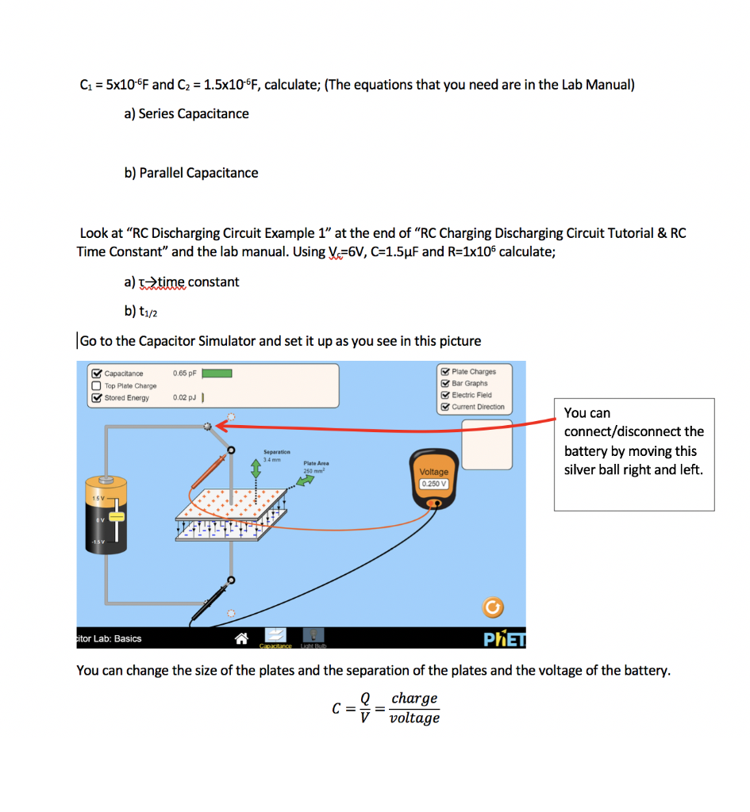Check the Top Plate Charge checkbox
tap(96, 385)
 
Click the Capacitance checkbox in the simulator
tap(96, 373)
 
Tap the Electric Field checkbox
tap(445, 395)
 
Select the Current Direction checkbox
tap(445, 407)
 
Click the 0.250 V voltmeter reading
tap(434, 483)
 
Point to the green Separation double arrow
tap(256, 469)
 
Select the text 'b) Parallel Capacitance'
tap(191, 173)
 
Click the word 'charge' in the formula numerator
tap(414, 699)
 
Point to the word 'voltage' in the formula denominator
tap(414, 718)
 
